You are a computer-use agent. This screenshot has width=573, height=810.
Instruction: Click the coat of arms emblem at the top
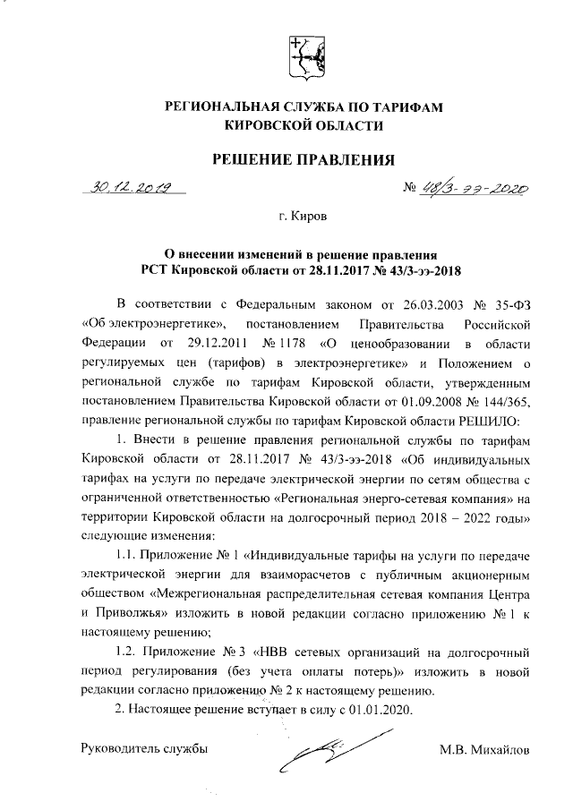coord(304,55)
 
